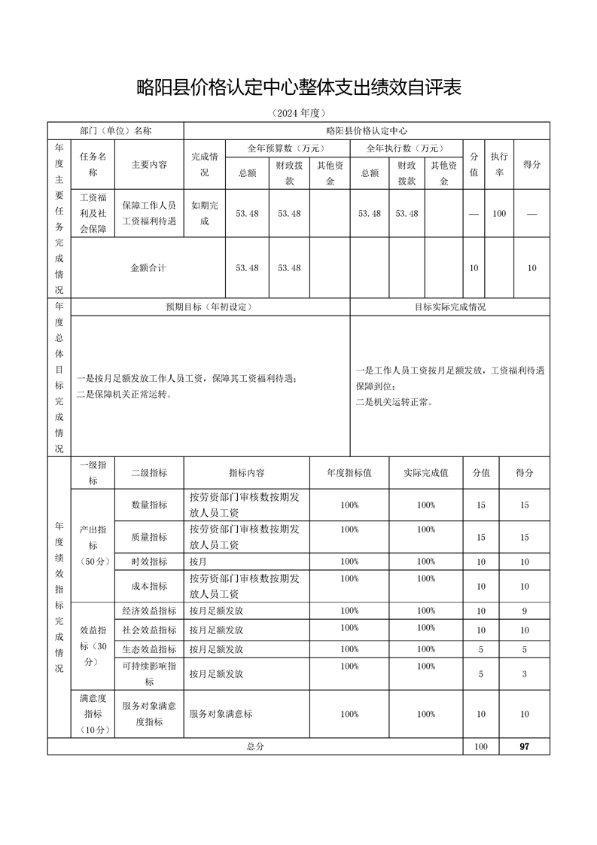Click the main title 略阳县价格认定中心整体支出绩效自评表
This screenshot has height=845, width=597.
pos(298,87)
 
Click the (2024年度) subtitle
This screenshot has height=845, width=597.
pos(298,114)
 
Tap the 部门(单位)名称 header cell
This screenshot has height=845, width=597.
pos(116,130)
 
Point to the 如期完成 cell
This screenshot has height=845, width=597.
pos(204,213)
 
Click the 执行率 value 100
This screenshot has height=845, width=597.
pos(499,214)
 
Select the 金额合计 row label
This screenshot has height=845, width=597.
pos(148,268)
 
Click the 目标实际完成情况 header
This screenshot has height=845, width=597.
pos(450,307)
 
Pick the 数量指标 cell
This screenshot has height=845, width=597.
pos(149,505)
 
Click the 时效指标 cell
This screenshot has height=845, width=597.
pos(149,562)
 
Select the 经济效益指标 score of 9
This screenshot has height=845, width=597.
pos(525,611)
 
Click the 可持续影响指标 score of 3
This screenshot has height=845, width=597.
pos(525,674)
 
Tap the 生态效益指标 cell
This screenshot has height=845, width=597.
pos(149,649)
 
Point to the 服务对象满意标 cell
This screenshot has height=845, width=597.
pos(221,714)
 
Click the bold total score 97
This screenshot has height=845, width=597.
pos(525,746)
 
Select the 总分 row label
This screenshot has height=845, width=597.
pos(255,746)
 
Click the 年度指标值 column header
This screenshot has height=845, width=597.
pos(349,473)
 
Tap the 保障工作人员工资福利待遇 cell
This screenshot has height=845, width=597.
pos(149,213)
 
